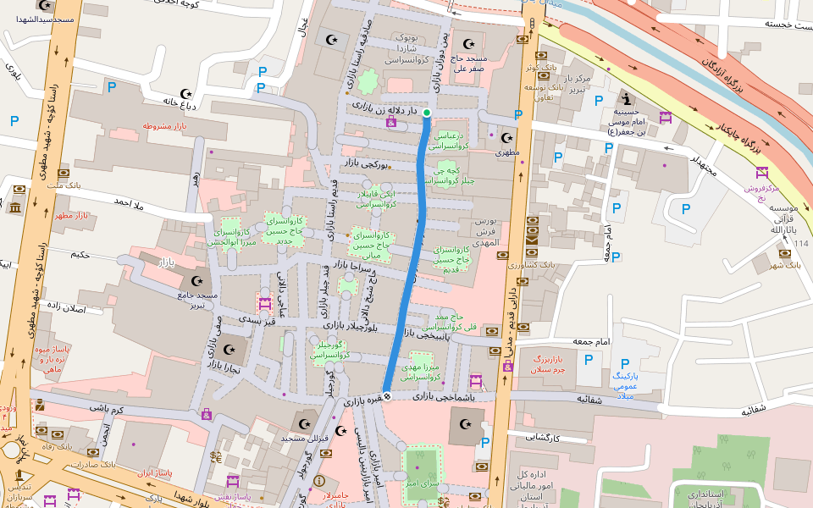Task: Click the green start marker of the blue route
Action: pyautogui.click(x=427, y=113)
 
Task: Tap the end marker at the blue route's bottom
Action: pyautogui.click(x=387, y=395)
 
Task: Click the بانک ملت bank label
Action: pyautogui.click(x=64, y=185)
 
